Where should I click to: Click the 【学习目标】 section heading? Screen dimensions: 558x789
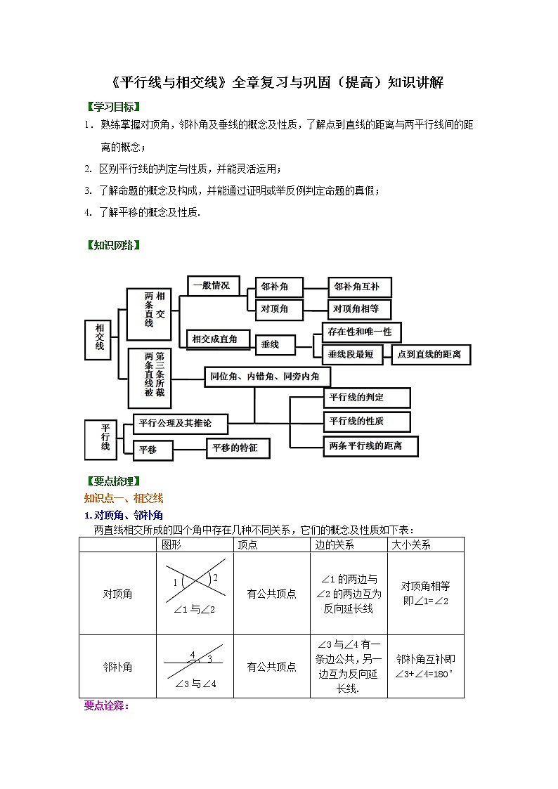(112, 107)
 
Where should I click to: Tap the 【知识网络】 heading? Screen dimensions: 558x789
(112, 245)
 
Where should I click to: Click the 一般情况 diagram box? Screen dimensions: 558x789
(213, 285)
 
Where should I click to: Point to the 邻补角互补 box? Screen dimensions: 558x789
(360, 287)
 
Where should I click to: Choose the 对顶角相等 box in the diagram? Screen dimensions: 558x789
(360, 309)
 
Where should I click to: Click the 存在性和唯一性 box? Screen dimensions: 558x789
(361, 332)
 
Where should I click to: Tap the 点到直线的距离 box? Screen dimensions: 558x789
(430, 355)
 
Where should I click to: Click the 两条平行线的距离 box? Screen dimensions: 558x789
(370, 445)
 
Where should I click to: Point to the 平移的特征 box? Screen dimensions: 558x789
(237, 448)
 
